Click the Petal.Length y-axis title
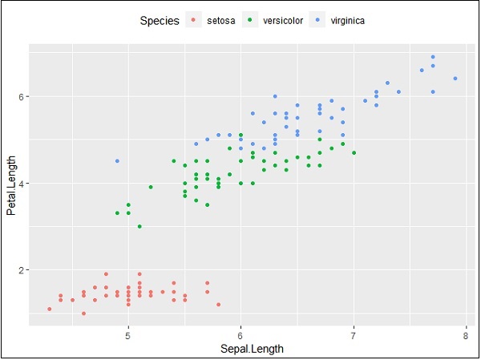click(x=12, y=184)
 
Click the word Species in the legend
click(x=159, y=21)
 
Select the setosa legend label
click(x=220, y=21)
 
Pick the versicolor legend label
click(x=284, y=21)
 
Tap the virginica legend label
click(x=348, y=21)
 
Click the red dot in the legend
click(x=193, y=21)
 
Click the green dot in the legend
click(x=251, y=21)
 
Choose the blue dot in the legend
click(x=319, y=21)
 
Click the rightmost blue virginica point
click(x=455, y=79)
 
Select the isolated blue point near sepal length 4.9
click(x=117, y=161)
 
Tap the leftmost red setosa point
click(x=50, y=309)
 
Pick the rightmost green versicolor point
click(x=354, y=152)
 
